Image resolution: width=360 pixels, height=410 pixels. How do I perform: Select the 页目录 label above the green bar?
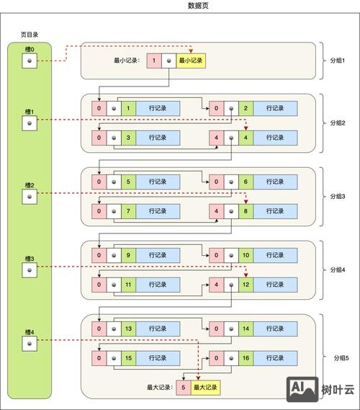tap(30, 35)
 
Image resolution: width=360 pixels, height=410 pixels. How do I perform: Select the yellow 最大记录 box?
tap(206, 387)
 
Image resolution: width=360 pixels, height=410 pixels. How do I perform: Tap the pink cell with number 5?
tap(184, 387)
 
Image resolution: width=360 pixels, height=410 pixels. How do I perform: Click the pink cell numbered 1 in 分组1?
tap(154, 61)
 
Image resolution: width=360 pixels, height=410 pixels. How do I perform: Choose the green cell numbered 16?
tap(246, 357)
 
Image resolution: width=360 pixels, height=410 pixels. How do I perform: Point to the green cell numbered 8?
tap(246, 211)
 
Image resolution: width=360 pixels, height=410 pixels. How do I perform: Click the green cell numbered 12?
tap(246, 284)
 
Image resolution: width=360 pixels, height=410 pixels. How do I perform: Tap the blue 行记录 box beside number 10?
tap(274, 254)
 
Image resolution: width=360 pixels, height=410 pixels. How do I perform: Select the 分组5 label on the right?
tap(341, 357)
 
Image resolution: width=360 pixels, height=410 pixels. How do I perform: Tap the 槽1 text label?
tap(30, 112)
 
